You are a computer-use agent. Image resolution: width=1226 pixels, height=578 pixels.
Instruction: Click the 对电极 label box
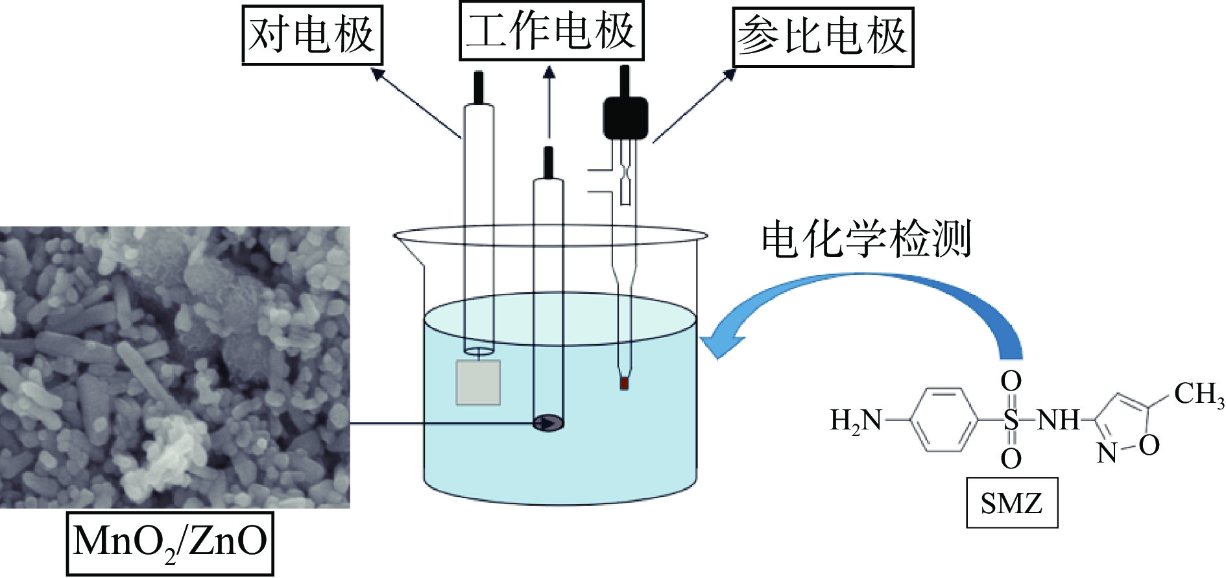coord(312,35)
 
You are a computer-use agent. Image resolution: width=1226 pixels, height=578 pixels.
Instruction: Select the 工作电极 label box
coord(551,31)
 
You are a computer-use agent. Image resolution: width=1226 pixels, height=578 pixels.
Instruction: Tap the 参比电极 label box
coord(823,37)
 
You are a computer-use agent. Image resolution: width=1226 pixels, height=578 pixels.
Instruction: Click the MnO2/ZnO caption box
coord(170,542)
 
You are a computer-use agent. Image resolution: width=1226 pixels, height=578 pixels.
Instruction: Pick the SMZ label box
coord(1011,503)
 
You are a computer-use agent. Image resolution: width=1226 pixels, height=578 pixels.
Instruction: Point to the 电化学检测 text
coord(865,239)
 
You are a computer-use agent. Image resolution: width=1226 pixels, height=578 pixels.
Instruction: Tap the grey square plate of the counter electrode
coord(478,383)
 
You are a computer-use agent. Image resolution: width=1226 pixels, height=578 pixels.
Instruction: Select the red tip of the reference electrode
coord(624,383)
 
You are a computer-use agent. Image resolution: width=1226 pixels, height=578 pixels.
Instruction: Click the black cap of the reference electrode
coord(625,117)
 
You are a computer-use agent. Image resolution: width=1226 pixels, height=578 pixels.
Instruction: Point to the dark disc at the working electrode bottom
coord(548,424)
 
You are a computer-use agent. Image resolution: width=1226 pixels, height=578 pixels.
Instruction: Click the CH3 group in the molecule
coord(1199,394)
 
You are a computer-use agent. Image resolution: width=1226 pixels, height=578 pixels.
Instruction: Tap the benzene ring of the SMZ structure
coord(944,420)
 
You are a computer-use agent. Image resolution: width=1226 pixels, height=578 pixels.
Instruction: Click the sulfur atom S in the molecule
coord(1011,420)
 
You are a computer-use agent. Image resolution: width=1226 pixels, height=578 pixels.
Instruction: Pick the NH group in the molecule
coord(1058,420)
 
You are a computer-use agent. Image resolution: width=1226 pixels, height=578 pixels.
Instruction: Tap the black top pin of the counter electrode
coord(479,87)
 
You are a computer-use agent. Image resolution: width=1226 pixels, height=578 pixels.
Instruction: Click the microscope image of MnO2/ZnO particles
coord(174,367)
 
